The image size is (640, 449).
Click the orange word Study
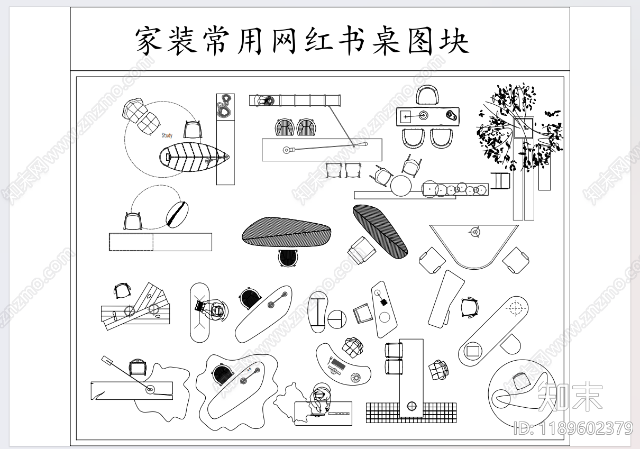point(167,135)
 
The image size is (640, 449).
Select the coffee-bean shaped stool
point(177,214)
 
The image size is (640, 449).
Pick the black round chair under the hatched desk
point(288,258)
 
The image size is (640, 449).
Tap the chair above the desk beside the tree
point(427,96)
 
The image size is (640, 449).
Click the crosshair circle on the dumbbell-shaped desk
point(516,307)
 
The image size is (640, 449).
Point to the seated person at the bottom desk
point(321,399)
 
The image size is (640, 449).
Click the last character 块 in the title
point(453,41)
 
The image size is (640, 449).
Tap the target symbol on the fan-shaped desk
point(474,232)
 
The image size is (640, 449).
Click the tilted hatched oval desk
point(380,231)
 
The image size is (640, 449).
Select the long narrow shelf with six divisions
point(295,100)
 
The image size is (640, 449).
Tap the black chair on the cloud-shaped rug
point(223,374)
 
